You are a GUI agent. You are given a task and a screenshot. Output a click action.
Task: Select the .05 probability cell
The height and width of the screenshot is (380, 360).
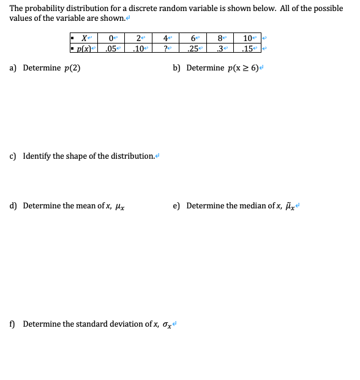111,48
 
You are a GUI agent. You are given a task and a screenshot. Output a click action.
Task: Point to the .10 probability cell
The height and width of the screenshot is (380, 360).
138,48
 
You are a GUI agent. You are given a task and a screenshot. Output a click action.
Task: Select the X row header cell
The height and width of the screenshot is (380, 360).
86,38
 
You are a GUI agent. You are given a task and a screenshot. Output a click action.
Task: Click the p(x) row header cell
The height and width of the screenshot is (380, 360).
85,48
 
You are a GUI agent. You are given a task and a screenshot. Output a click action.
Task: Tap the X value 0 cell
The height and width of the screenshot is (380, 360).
111,38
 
